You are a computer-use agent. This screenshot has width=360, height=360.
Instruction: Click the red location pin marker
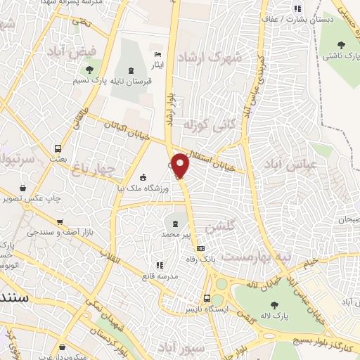pyautogui.click(x=181, y=166)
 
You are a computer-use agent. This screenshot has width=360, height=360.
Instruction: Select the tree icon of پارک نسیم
pyautogui.click(x=89, y=69)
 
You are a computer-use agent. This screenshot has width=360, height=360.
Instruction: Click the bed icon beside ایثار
pyautogui.click(x=158, y=54)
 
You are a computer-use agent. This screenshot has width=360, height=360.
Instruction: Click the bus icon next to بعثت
pyautogui.click(x=58, y=148)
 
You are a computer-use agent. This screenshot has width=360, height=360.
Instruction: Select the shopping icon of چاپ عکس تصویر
pyautogui.click(x=24, y=188)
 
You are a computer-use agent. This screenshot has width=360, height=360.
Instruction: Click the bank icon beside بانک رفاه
pyautogui.click(x=201, y=247)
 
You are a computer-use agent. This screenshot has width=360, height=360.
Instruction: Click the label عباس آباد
pyautogui.click(x=289, y=165)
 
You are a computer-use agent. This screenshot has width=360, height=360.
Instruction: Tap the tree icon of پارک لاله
pyautogui.click(x=274, y=305)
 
